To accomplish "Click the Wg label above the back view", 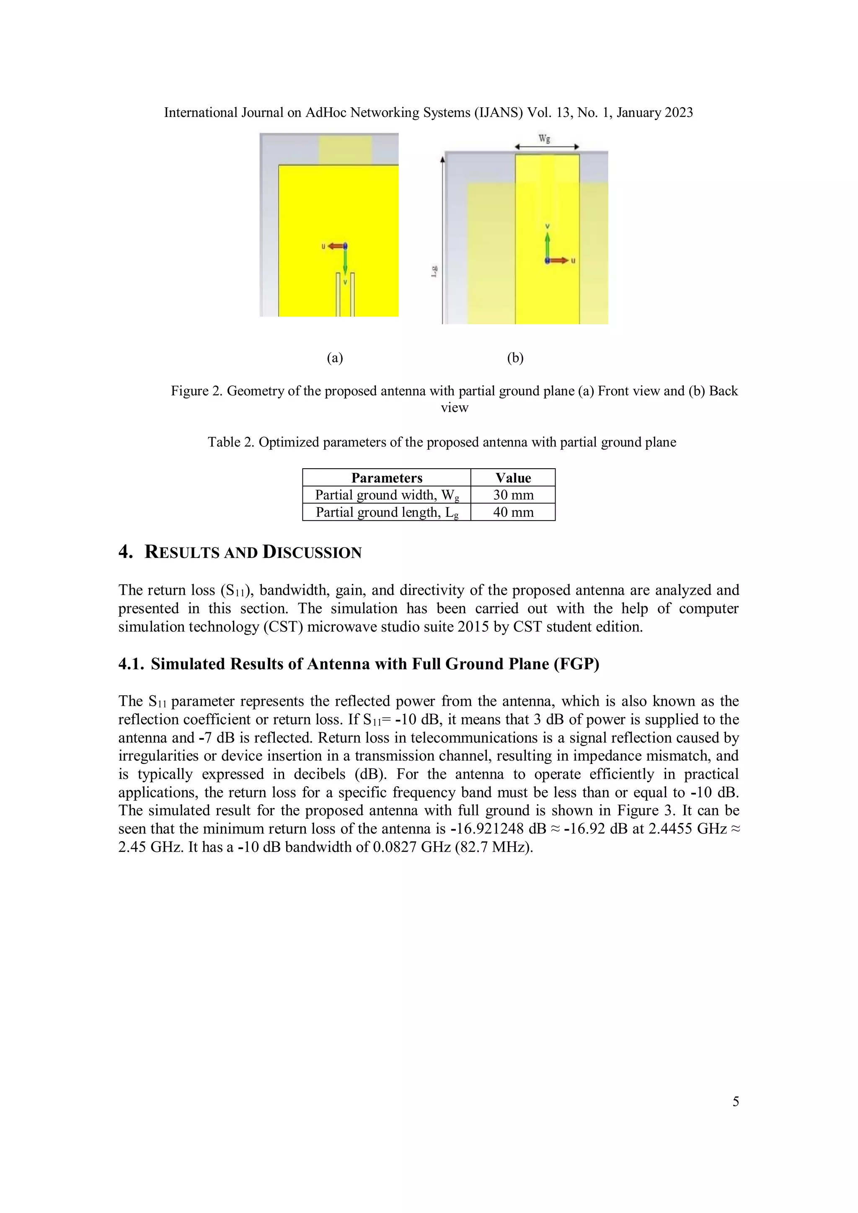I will coord(544,139).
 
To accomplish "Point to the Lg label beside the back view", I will coord(434,271).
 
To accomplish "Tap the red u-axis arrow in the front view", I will coord(335,246).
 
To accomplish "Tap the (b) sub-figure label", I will coord(515,358).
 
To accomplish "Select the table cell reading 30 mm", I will coord(513,495).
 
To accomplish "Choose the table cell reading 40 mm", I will coord(513,512).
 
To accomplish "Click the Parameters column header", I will coord(387,477).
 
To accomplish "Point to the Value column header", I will coord(513,477).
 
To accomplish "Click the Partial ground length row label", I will coord(387,512).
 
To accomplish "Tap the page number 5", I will coord(735,1102).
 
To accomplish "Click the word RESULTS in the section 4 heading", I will coord(183,552).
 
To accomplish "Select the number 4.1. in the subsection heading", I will coord(131,664).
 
